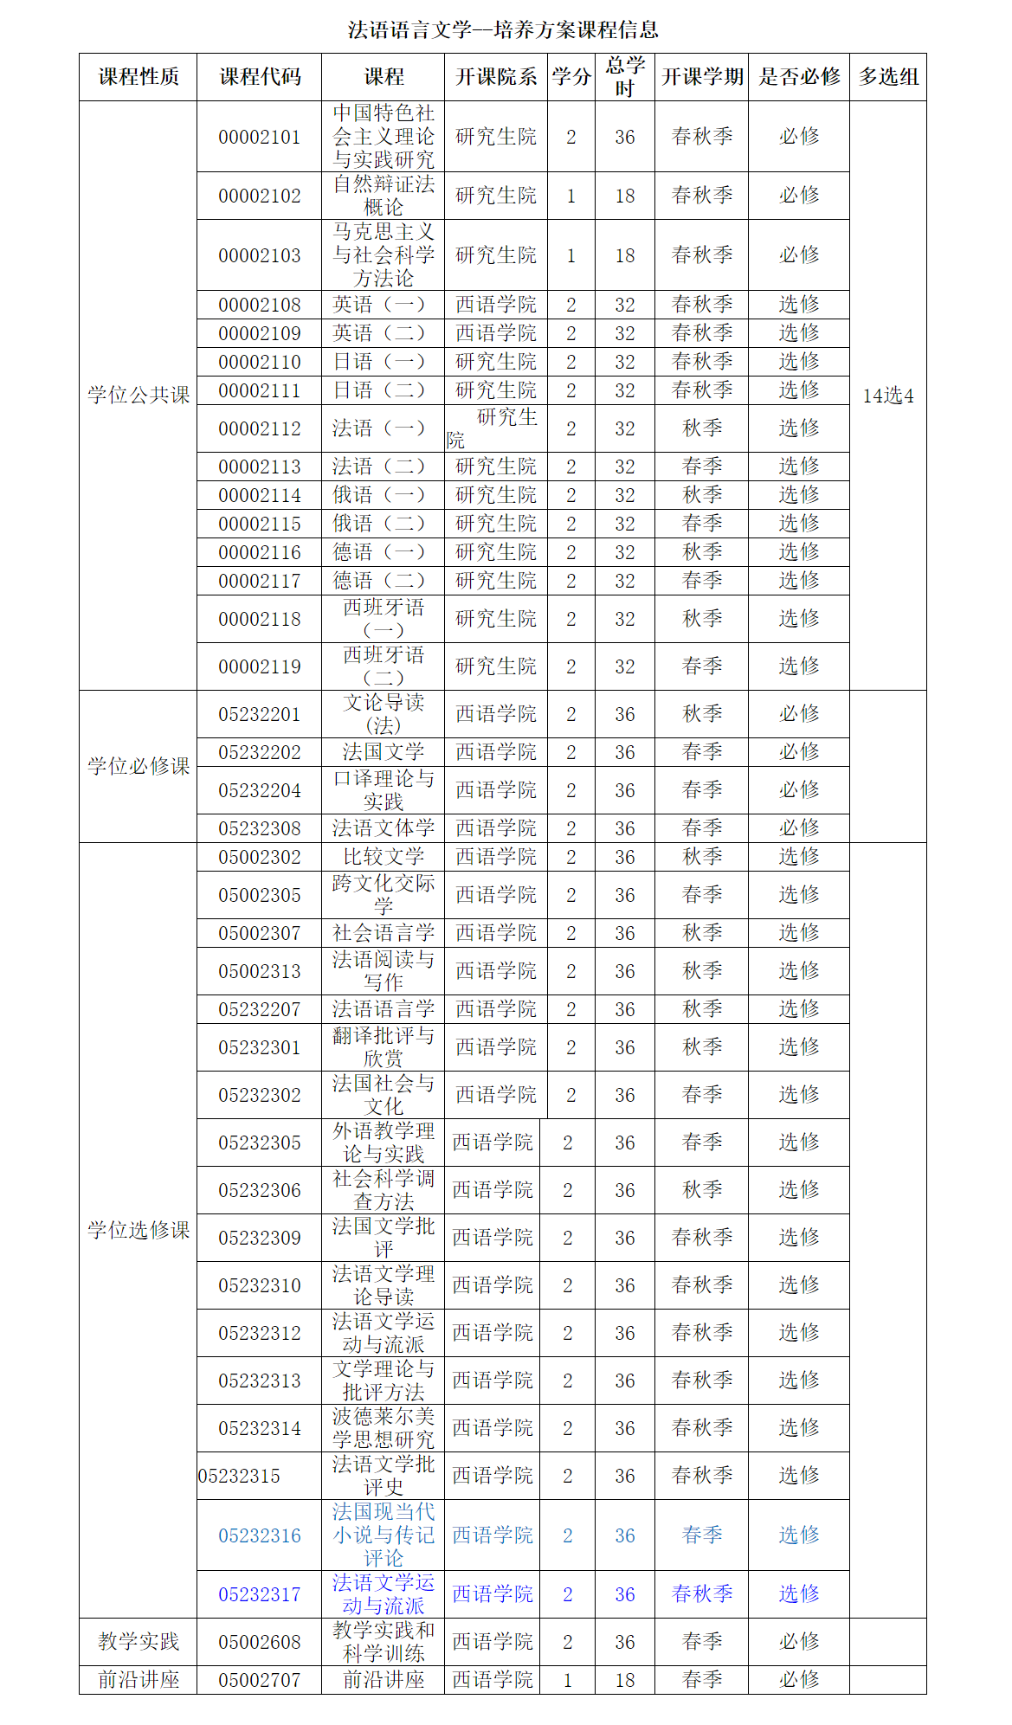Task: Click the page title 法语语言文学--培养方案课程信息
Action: point(503,30)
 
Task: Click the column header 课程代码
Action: point(260,77)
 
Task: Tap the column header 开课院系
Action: point(496,77)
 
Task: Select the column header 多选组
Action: point(888,77)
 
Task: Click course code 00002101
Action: point(260,137)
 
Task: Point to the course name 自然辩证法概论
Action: point(384,196)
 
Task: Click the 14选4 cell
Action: point(888,396)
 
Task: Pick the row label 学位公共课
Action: point(139,395)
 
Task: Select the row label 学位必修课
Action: point(139,766)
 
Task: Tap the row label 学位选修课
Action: point(139,1230)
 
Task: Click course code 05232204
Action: point(260,790)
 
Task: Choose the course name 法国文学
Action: point(384,752)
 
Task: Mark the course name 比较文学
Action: point(384,857)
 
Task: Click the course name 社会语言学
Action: point(384,933)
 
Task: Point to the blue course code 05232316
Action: point(260,1535)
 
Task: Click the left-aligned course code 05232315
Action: point(239,1476)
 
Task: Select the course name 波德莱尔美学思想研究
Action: point(384,1428)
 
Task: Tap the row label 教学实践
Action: point(139,1641)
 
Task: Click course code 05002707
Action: point(260,1680)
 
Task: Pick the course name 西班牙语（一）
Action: point(384,619)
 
